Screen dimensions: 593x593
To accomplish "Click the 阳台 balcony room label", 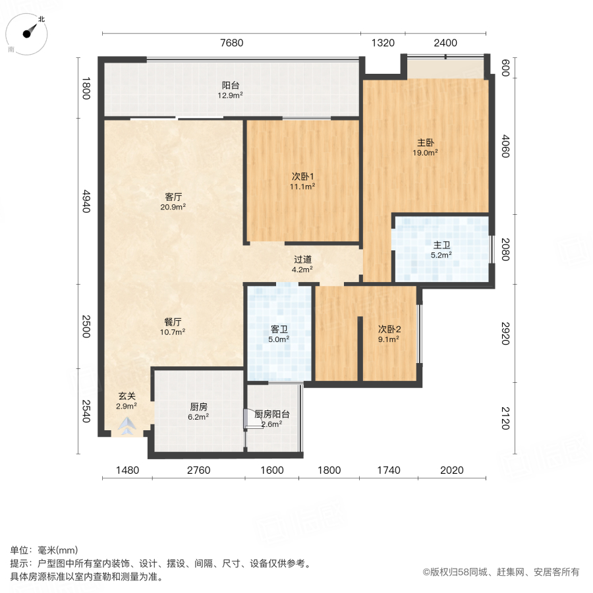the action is pyautogui.click(x=231, y=86).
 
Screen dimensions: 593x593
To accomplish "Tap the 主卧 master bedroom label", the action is pyautogui.click(x=426, y=142).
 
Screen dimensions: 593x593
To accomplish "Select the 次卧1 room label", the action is pyautogui.click(x=302, y=176).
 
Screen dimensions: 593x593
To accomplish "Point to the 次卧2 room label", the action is pyautogui.click(x=389, y=329).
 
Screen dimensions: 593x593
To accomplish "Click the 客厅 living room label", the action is pyautogui.click(x=173, y=196).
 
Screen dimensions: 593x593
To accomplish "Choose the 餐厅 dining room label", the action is pyautogui.click(x=173, y=322).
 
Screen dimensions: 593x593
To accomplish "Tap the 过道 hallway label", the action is pyautogui.click(x=302, y=260).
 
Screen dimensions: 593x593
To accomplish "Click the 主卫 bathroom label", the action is pyautogui.click(x=441, y=245).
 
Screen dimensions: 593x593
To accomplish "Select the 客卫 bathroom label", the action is pyautogui.click(x=279, y=329).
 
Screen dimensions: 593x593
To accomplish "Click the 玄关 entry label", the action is pyautogui.click(x=127, y=396).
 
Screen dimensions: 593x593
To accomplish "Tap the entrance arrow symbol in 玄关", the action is pyautogui.click(x=127, y=426).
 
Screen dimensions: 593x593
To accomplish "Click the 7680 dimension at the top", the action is pyautogui.click(x=231, y=43).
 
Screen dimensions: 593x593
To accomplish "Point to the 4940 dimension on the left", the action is pyautogui.click(x=86, y=201).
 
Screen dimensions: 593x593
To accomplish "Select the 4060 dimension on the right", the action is pyautogui.click(x=505, y=146).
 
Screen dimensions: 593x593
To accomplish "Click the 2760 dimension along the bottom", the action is pyautogui.click(x=198, y=470).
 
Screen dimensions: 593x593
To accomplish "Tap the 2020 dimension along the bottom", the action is pyautogui.click(x=451, y=470).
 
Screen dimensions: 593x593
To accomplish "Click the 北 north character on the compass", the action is pyautogui.click(x=42, y=19).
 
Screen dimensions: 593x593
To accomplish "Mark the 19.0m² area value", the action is pyautogui.click(x=426, y=153).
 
